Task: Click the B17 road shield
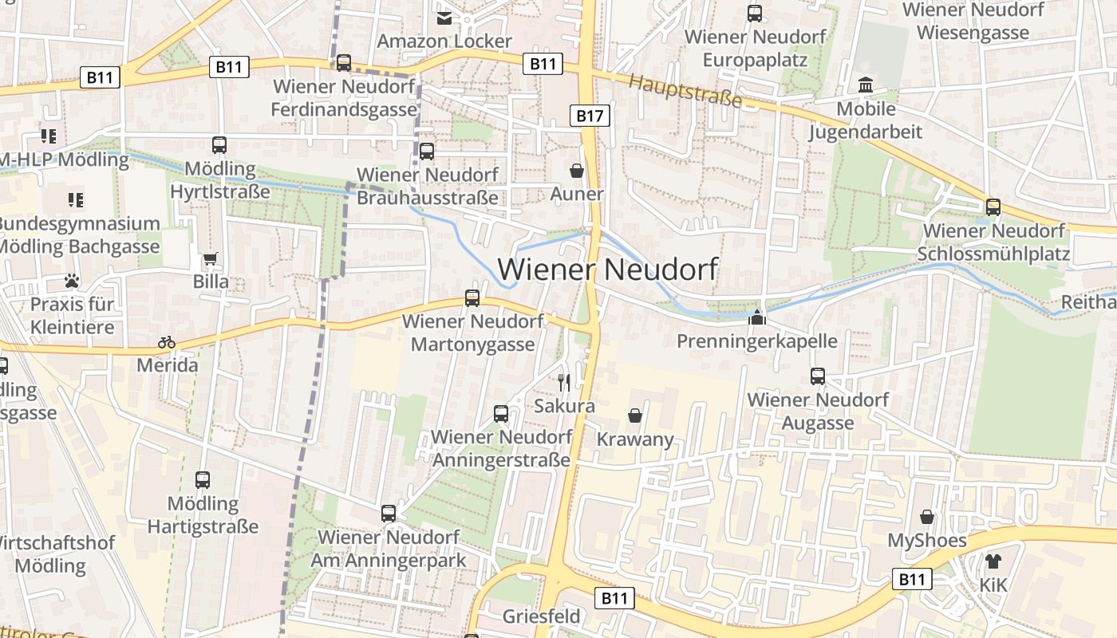590,116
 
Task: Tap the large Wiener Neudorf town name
608,270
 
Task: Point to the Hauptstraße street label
685,92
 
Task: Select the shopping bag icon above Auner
577,171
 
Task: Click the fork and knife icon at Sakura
564,382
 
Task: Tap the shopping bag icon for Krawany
635,415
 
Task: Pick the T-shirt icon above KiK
993,561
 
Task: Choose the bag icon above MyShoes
927,517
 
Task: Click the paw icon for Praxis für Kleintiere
72,281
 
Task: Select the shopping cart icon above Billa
210,258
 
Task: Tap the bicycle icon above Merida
166,342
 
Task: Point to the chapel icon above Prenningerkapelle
756,318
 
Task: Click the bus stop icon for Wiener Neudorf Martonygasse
472,298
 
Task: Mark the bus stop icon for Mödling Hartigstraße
203,480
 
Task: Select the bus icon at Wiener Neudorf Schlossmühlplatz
993,207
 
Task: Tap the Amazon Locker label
444,41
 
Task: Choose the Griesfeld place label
542,616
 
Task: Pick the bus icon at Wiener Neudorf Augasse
818,376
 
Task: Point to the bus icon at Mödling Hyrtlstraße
219,145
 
